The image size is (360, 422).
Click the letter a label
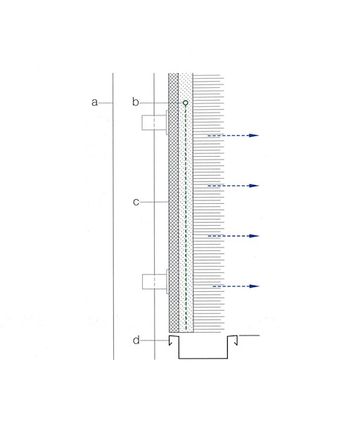[x=95, y=103]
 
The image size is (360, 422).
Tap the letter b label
[x=136, y=103]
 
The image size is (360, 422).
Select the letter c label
[x=136, y=202]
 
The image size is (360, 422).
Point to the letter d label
[x=136, y=341]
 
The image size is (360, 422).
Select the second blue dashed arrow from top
[x=232, y=186]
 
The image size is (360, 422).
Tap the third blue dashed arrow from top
[x=232, y=236]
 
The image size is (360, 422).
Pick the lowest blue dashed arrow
[x=236, y=286]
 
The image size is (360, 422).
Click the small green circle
[x=186, y=103]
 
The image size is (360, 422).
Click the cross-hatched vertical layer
[x=174, y=211]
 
